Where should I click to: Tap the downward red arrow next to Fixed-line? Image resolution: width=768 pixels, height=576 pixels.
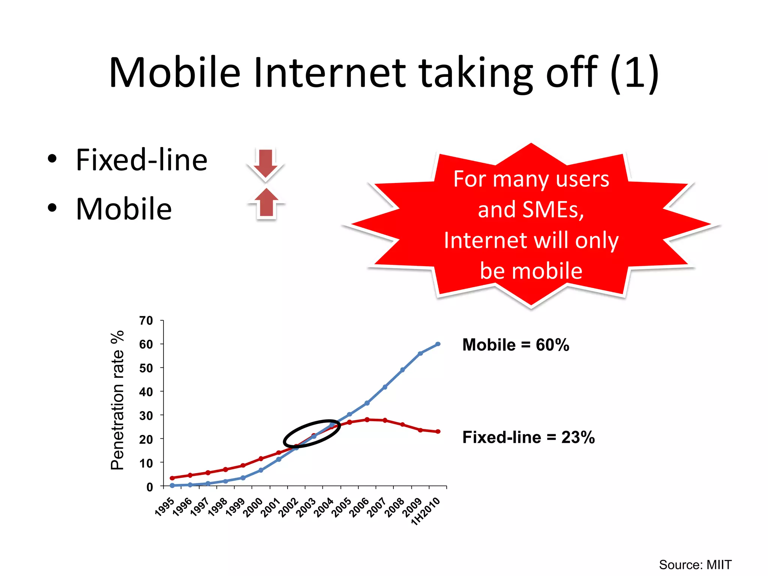tap(265, 163)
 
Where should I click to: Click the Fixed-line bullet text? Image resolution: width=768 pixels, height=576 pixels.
tap(141, 160)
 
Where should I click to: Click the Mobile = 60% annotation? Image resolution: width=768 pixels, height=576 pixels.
tap(515, 345)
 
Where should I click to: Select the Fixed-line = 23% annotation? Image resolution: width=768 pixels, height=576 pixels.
tap(528, 437)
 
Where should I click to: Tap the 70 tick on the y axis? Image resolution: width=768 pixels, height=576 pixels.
tap(146, 321)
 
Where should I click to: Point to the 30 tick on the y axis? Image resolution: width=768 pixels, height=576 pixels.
tap(146, 415)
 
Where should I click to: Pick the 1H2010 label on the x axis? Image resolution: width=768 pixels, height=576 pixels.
tap(426, 511)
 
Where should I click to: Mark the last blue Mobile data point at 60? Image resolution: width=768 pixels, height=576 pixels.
tap(438, 344)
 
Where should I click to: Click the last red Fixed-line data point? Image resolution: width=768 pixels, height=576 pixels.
tap(438, 432)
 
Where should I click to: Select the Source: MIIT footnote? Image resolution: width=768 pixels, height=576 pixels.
tap(695, 564)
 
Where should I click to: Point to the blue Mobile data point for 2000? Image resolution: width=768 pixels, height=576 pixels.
tap(261, 470)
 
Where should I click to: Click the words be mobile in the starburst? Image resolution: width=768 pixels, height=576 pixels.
tap(531, 271)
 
